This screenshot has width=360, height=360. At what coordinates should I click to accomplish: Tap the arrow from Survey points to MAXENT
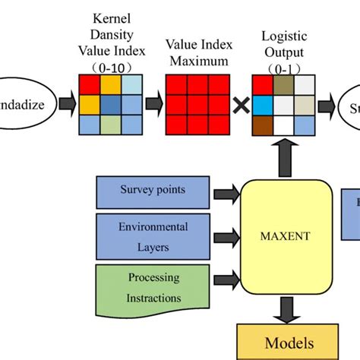click(x=226, y=194)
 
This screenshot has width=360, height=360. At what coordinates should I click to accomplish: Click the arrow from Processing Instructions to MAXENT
click(x=226, y=279)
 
